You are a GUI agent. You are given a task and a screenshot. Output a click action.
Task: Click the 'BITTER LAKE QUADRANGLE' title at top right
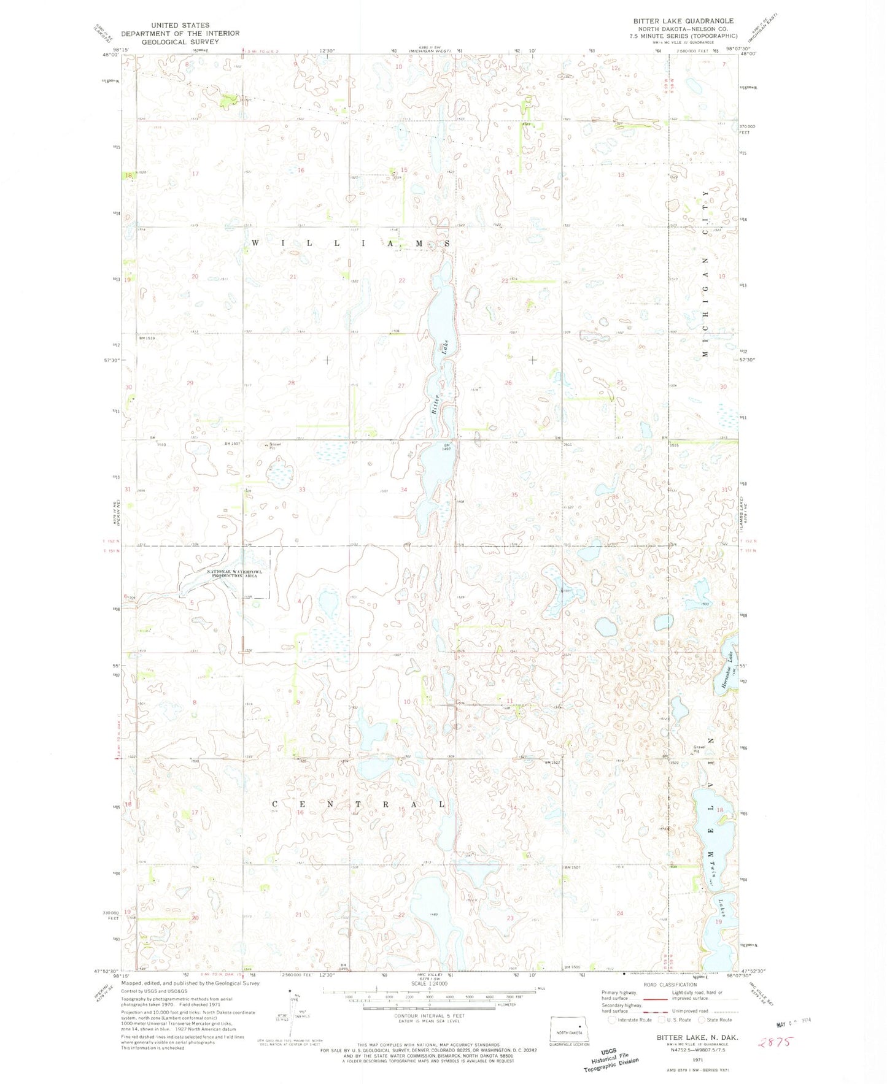coord(683,21)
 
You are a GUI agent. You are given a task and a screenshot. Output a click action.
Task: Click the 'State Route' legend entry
coord(716,1020)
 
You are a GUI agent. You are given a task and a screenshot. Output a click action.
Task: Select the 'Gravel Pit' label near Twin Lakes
coord(697,750)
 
